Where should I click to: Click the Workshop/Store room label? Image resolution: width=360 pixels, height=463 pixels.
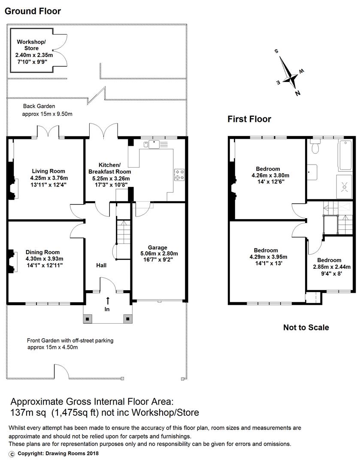pos(31,45)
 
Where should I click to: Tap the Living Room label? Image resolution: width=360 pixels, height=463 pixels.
pos(48,171)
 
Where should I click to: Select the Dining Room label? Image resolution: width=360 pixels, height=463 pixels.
pos(42,252)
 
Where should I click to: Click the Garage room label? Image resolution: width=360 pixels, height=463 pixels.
pos(157,247)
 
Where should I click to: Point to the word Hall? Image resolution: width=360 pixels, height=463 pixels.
pos(101,265)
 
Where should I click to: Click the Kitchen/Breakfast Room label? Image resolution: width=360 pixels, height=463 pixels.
pos(109,168)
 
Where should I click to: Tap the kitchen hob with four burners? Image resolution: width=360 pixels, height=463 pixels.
pos(179,174)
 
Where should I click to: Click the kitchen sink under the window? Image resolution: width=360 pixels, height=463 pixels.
pos(154,144)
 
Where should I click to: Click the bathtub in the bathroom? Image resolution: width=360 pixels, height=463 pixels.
pos(345,155)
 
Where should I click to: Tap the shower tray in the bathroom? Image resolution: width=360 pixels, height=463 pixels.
pos(344,186)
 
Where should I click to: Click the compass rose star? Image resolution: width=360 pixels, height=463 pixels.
pos(289,73)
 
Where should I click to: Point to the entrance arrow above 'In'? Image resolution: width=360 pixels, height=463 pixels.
pos(108,301)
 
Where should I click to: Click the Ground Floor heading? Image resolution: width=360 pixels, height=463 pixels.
pos(33,11)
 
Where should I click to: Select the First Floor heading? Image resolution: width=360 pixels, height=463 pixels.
pos(249,119)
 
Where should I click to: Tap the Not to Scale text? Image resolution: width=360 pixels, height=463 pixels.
pos(306,328)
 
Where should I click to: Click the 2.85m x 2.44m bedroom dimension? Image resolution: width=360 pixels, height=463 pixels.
pos(332,267)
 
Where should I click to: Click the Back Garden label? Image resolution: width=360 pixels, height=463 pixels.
pos(39,106)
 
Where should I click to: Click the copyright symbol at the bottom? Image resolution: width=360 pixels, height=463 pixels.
pos(12,454)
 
